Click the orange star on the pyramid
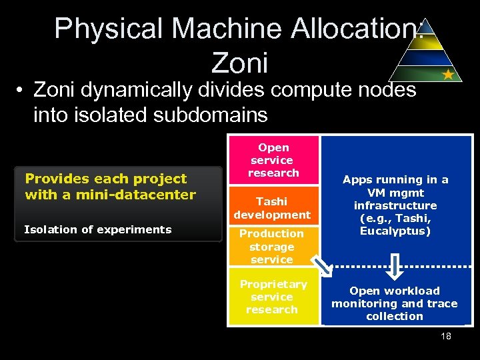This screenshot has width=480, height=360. pyautogui.click(x=448, y=75)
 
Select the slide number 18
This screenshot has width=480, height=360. pyautogui.click(x=446, y=336)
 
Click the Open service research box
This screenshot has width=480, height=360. pyautogui.click(x=273, y=160)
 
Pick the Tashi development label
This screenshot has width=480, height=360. pyautogui.click(x=272, y=208)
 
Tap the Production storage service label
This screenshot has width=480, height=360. pyautogui.click(x=271, y=246)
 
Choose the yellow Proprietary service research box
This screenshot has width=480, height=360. pyautogui.click(x=273, y=297)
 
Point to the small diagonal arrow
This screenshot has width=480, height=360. pyautogui.click(x=323, y=267)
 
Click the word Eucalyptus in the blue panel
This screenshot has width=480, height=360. pyautogui.click(x=395, y=231)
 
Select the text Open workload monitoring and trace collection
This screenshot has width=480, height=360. pyautogui.click(x=395, y=303)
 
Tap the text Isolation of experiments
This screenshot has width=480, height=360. pyautogui.click(x=98, y=229)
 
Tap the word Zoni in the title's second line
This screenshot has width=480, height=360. pyautogui.click(x=239, y=63)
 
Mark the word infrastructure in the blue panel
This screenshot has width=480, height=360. pyautogui.click(x=395, y=205)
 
